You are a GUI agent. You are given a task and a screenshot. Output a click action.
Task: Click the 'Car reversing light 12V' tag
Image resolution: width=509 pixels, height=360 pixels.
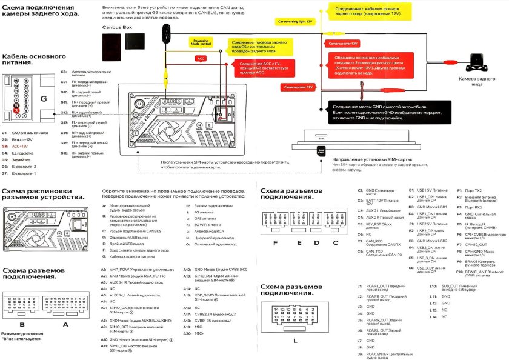(x=295, y=21)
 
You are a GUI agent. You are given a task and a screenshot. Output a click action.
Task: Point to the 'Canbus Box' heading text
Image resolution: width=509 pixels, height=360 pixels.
(x=119, y=28)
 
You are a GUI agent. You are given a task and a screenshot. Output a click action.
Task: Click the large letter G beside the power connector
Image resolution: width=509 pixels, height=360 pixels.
(x=43, y=98)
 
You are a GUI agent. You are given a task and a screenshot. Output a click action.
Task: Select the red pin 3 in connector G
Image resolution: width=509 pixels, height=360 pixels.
(x=18, y=112)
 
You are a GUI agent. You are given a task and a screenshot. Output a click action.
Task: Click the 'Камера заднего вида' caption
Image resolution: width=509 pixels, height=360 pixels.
(x=479, y=82)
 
